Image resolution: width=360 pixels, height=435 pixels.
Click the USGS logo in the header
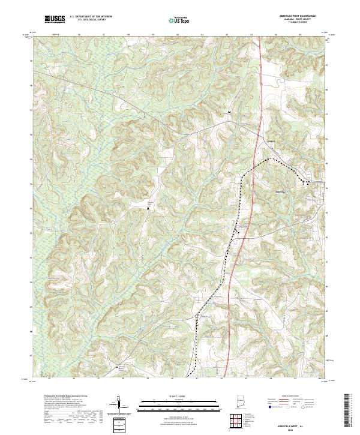click(55, 19)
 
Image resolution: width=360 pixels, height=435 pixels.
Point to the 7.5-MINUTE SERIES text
click(294, 23)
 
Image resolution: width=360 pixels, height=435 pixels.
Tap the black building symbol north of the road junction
click(229, 112)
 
